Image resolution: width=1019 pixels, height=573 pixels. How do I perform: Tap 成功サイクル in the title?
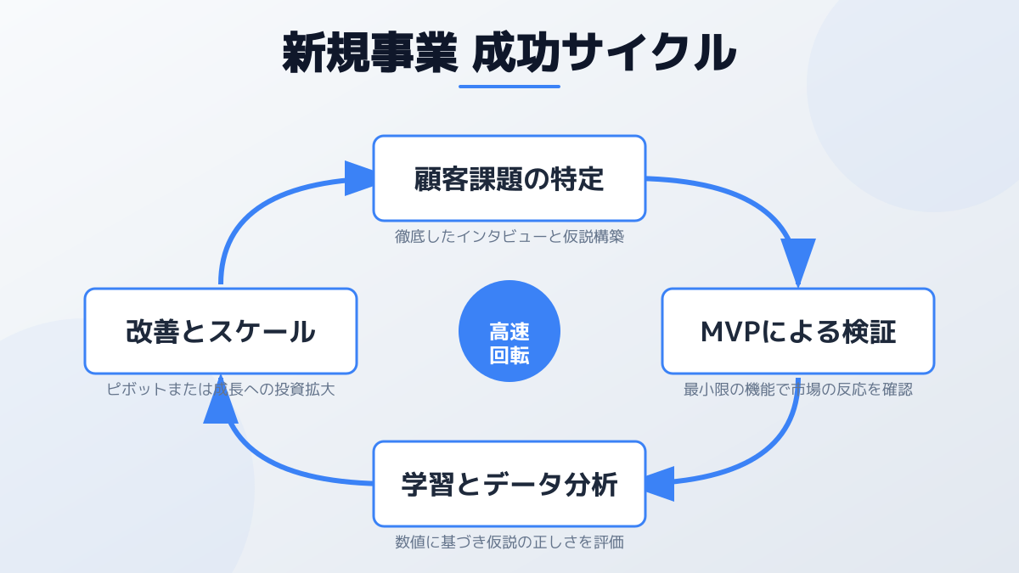point(604,53)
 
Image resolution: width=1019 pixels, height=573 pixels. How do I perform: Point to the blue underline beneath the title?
point(509,86)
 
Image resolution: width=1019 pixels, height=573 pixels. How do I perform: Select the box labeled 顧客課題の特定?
point(509,178)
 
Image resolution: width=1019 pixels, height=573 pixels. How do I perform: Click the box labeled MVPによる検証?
point(797,331)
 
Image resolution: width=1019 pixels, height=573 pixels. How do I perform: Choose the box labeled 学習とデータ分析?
point(509,484)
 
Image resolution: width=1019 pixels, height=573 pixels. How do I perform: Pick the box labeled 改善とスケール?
point(221,331)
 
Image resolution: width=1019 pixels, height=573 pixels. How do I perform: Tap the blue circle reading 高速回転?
point(509,331)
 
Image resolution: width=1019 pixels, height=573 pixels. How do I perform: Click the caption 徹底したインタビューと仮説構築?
point(509,237)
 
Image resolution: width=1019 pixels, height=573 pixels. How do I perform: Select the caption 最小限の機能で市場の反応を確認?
point(797,390)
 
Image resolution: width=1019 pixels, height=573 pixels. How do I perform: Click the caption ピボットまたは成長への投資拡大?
point(221,390)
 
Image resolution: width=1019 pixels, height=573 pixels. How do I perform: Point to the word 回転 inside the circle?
point(509,356)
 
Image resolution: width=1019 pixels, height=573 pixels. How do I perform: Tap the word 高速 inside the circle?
point(509,331)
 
